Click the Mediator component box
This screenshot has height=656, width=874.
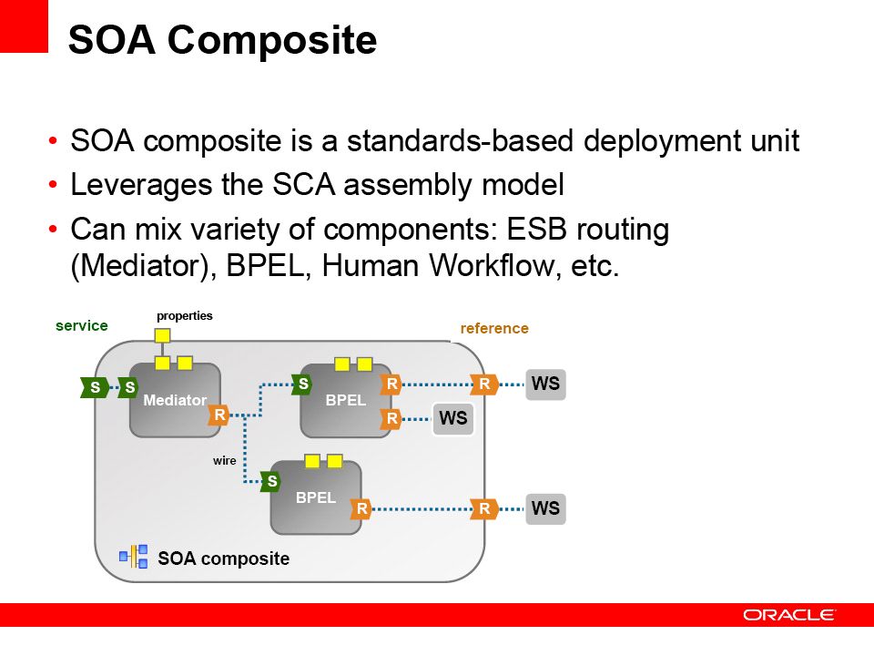click(175, 400)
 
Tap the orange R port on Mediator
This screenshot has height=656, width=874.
click(219, 415)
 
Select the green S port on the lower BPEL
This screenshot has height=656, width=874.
click(271, 481)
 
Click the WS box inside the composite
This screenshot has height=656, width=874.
click(453, 418)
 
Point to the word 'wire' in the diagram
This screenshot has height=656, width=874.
click(225, 461)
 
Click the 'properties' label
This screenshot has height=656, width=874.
click(185, 316)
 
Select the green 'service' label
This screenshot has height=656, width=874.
click(81, 326)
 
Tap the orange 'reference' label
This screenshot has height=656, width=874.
click(494, 329)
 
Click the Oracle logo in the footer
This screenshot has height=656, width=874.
click(789, 615)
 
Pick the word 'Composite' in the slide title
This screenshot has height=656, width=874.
click(272, 40)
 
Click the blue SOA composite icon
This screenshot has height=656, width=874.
click(134, 556)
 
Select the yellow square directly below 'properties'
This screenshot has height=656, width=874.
click(162, 335)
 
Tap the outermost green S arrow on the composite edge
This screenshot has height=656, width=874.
click(95, 387)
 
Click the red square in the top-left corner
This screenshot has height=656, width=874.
click(24, 26)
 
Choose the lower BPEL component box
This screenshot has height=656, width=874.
click(316, 497)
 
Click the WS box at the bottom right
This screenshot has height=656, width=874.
click(545, 508)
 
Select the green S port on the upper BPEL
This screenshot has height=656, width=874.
click(302, 384)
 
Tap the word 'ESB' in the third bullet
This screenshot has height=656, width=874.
click(536, 230)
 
